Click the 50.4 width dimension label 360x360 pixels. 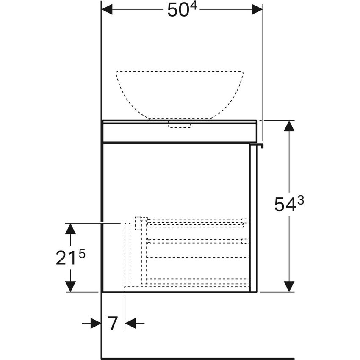(x=182, y=10)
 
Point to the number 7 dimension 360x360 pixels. (x=113, y=324)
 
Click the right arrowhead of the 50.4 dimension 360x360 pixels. (x=257, y=9)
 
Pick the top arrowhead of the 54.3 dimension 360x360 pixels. (x=289, y=126)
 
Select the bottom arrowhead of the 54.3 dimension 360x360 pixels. (x=289, y=286)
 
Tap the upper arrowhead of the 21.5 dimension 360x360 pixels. (x=70, y=229)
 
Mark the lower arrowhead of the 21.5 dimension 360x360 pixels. (x=70, y=286)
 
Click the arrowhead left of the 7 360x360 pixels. (x=96, y=324)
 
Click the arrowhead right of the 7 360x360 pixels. (x=130, y=324)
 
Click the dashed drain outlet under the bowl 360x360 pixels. (x=180, y=124)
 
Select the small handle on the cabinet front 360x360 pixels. (x=257, y=146)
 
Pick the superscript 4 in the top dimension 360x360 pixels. (x=192, y=6)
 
